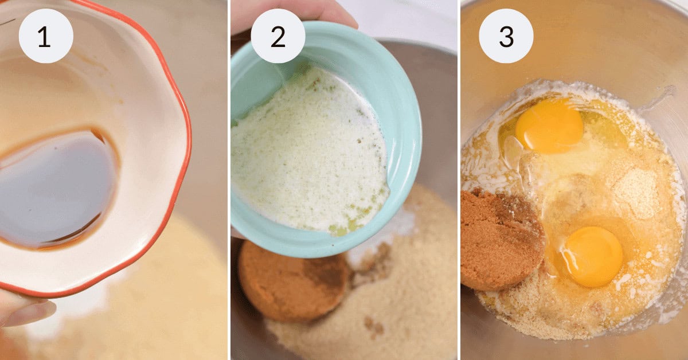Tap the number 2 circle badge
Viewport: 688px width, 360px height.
(277, 36)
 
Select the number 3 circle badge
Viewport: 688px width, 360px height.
(506, 36)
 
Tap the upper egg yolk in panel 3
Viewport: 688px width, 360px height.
(549, 126)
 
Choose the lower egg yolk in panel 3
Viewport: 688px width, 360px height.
(592, 255)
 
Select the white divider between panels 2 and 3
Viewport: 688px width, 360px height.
(459, 180)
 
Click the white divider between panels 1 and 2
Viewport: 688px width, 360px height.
(229, 180)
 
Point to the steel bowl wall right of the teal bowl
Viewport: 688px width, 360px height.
(439, 132)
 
